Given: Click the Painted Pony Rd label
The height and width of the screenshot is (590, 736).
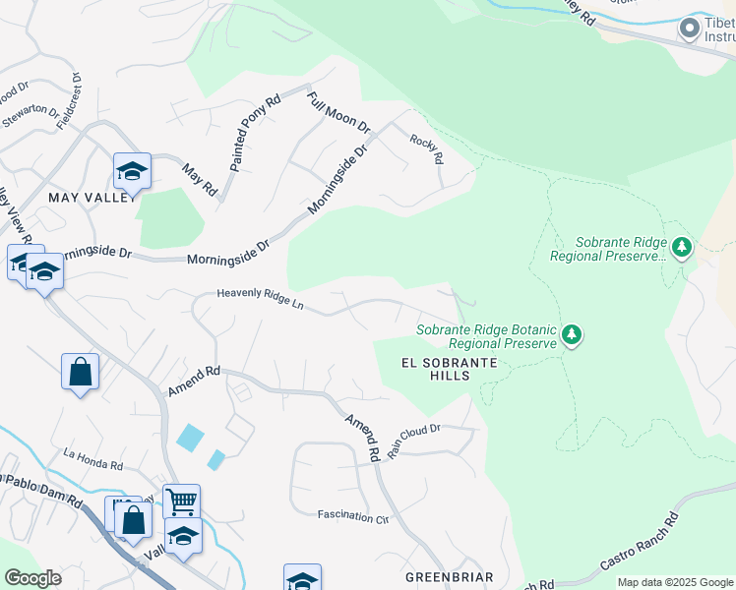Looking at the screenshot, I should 255,134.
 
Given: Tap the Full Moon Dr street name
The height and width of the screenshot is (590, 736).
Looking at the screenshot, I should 337,113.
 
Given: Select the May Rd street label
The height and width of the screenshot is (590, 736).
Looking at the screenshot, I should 200,178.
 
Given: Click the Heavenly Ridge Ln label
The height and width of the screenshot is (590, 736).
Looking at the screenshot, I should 260,297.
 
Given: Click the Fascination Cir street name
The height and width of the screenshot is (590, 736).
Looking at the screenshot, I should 353,515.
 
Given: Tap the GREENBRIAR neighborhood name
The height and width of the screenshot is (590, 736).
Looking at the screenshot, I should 448,575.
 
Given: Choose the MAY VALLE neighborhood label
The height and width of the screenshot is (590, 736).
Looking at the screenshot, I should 89,197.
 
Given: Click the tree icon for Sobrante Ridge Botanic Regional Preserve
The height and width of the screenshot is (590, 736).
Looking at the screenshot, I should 572,336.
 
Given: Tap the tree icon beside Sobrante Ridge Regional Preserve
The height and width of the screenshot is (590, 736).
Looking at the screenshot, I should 681,247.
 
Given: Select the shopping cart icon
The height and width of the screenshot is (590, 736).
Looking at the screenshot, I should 181,501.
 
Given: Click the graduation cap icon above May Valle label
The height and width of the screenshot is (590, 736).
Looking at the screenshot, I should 132,171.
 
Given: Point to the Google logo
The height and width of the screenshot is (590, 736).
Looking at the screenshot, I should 32,578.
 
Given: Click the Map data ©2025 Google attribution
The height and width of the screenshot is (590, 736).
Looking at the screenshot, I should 675,582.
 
